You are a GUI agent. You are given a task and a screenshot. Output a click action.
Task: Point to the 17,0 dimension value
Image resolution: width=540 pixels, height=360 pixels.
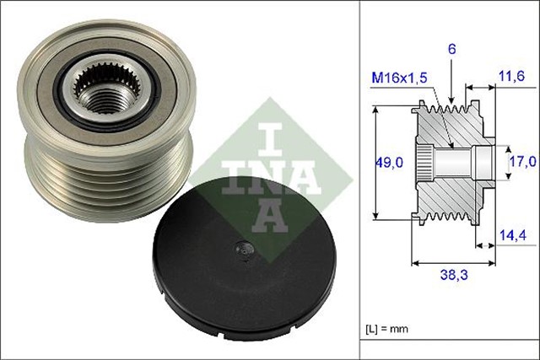pos(521,161)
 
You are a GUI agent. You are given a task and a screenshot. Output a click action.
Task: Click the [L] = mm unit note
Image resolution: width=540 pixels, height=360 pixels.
pos(386,328)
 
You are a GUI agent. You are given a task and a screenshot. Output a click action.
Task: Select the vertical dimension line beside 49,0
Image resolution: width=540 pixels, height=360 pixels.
pos(374,161)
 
